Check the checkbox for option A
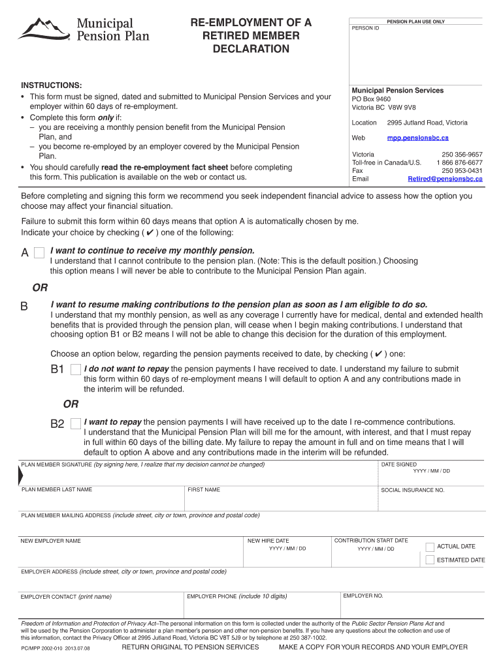[x=39, y=252]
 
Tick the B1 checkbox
[x=76, y=370]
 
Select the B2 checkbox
[x=76, y=423]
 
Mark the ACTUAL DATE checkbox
[x=430, y=547]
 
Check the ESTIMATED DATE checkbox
[x=430, y=560]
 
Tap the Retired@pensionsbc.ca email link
[x=445, y=178]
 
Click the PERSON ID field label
[x=365, y=28]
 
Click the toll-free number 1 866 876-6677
[x=459, y=162]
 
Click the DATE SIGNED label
[x=398, y=464]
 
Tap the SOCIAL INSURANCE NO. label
[x=412, y=490]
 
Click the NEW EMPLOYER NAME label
[x=51, y=541]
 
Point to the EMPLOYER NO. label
[x=363, y=596]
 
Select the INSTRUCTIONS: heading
[x=52, y=86]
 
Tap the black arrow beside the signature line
[x=19, y=477]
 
